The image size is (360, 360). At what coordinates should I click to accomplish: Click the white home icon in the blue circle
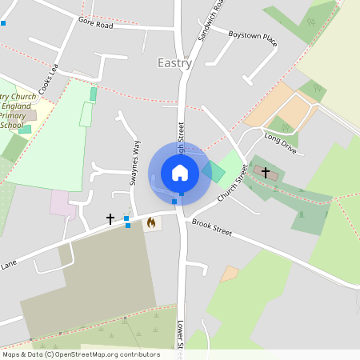(x=180, y=173)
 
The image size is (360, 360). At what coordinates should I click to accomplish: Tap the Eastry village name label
(x=174, y=62)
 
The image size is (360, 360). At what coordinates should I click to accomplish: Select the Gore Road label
(x=95, y=25)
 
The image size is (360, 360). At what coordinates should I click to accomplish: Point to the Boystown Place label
(x=253, y=38)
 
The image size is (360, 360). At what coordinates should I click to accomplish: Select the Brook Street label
(x=212, y=228)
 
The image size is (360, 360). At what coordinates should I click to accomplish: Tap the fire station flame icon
(x=150, y=223)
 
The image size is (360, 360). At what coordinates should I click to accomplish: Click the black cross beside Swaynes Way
(x=110, y=218)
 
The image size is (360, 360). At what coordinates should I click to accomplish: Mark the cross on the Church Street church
(x=265, y=171)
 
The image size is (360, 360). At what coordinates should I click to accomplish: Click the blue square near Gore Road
(x=3, y=22)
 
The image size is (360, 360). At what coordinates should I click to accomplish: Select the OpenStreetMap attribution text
(x=81, y=354)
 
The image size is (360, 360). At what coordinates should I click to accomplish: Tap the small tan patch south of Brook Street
(x=230, y=274)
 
